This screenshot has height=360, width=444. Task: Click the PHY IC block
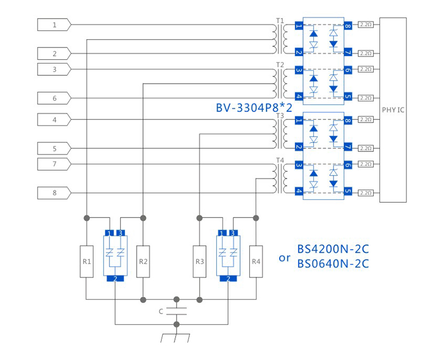(x=393, y=110)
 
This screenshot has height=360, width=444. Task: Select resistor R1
(x=86, y=261)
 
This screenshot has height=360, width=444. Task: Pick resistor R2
(x=143, y=261)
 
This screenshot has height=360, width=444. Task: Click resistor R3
(x=200, y=261)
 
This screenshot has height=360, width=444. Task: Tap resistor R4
(x=256, y=261)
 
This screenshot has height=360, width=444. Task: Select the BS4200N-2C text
(x=332, y=250)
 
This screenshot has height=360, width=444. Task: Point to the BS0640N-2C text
(x=332, y=263)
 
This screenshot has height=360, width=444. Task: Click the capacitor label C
(x=161, y=311)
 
